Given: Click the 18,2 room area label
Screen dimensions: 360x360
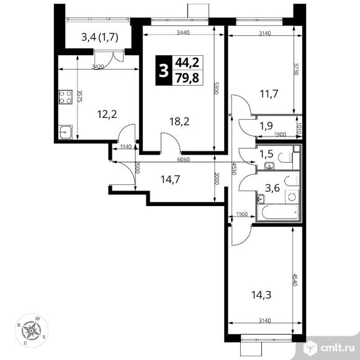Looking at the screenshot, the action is pos(179,122).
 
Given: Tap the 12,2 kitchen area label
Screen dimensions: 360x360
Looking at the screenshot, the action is pos(107,114).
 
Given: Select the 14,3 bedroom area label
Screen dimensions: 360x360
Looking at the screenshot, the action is pos(261,295).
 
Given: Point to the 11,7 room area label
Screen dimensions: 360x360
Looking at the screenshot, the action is pos(269,94).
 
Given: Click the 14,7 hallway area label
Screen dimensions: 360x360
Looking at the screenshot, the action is pos(170,179).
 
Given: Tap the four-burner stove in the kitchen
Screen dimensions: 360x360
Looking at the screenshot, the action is pos(66,97).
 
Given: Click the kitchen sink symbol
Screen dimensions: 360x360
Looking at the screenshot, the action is pos(65,132).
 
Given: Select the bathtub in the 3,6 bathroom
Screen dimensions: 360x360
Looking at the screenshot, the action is pos(277,212).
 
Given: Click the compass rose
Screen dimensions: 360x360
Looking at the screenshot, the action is pos(32,331).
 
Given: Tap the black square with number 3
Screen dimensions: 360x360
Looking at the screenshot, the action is pos(164,71).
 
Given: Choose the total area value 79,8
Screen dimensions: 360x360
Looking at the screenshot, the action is pos(187,78).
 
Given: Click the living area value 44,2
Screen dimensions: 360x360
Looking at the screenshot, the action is pos(187,63).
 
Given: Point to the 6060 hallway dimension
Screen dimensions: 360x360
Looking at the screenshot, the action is pos(184,160).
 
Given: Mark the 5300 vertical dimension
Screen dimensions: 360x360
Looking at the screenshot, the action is pos(216,88).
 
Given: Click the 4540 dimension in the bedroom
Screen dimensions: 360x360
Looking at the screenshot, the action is pos(295,279).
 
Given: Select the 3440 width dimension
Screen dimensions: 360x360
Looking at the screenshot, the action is pos(183,33).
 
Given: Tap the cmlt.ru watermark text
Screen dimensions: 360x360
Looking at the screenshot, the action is pos(337,348).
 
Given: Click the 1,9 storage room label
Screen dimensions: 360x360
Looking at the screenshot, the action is pos(266,125).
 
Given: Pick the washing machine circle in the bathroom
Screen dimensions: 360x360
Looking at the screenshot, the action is pos(292,197).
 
